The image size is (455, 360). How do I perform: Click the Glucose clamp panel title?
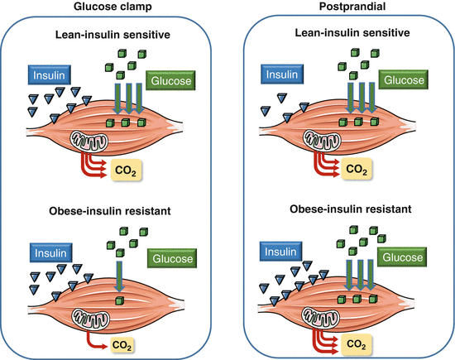click(113, 7)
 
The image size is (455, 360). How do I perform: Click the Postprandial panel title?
click(352, 6)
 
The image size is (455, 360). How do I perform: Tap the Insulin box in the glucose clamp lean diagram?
click(50, 75)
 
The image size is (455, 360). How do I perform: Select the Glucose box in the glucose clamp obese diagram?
click(172, 258)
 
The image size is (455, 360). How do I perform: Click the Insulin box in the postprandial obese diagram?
click(280, 252)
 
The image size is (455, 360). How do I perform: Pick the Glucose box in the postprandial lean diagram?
click(404, 79)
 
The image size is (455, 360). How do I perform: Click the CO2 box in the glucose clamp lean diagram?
click(127, 170)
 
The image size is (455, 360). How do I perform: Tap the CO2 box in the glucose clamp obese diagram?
click(122, 345)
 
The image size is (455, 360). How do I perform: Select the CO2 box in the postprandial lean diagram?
click(357, 169)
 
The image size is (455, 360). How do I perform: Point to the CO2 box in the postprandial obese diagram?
click(356, 344)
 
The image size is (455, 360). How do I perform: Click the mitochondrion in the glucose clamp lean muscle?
click(89, 141)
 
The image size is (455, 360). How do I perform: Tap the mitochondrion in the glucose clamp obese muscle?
click(91, 319)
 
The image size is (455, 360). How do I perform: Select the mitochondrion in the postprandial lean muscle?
click(322, 140)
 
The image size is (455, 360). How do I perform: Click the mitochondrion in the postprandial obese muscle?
click(321, 317)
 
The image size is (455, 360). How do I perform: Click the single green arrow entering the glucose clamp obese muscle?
click(119, 276)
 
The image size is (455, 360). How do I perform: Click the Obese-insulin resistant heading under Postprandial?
click(351, 209)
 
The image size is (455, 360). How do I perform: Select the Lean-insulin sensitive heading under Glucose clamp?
click(113, 35)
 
